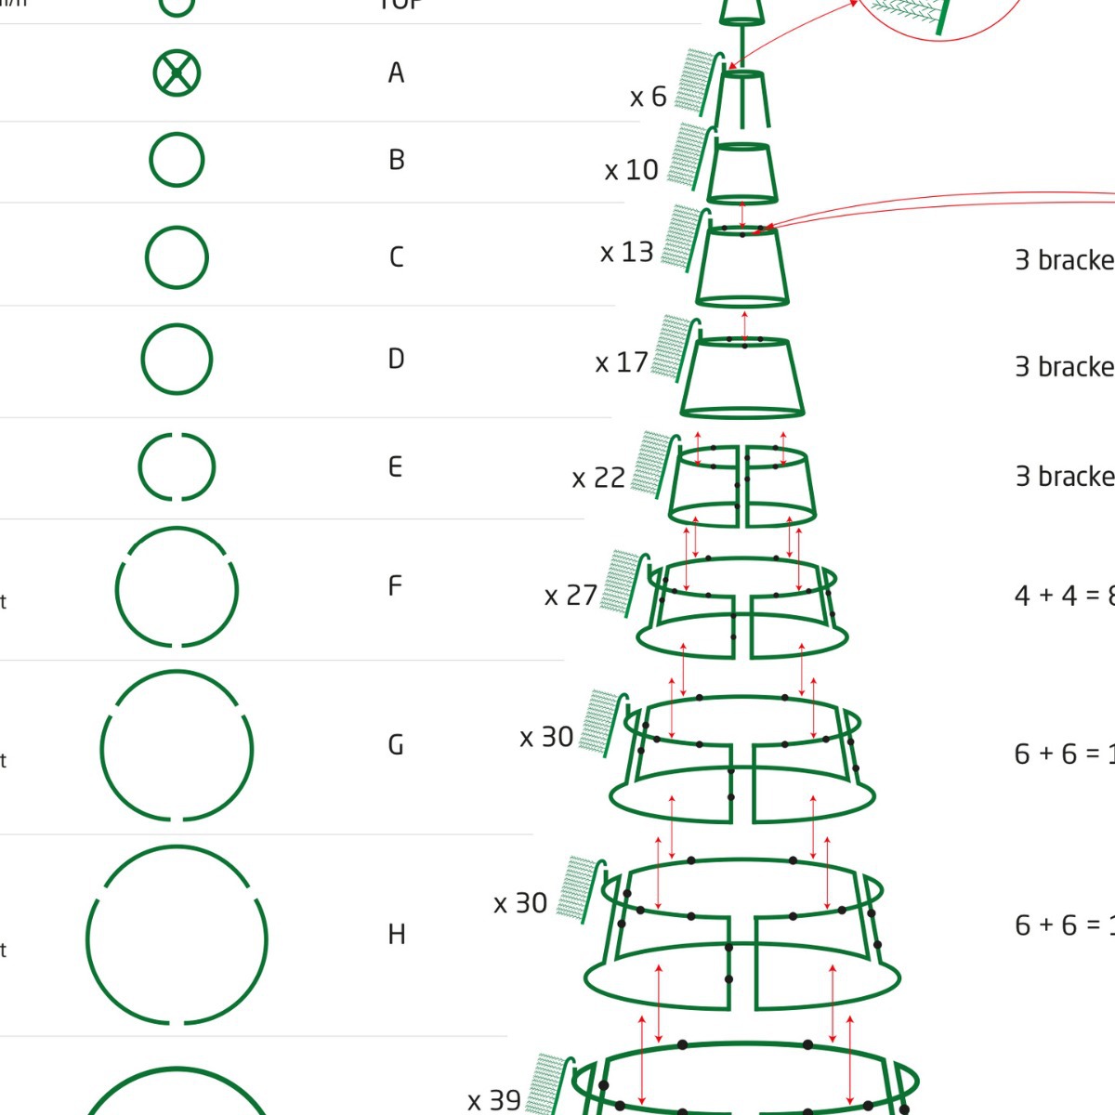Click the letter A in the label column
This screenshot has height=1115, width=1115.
(396, 72)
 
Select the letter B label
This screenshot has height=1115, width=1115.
(396, 160)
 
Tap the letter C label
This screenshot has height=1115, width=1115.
(396, 256)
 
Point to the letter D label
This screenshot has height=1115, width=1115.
(396, 359)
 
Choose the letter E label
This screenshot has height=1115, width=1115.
(396, 466)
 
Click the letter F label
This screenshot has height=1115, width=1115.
(395, 586)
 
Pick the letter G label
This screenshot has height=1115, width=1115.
(396, 745)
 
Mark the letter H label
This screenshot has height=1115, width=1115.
(396, 934)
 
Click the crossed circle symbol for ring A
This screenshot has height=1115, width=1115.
(177, 72)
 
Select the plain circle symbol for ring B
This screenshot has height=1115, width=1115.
(177, 160)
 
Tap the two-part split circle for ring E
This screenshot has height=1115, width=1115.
(177, 466)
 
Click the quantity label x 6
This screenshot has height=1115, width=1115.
(648, 97)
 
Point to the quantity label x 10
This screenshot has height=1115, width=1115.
(631, 170)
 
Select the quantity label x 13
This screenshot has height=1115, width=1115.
(626, 252)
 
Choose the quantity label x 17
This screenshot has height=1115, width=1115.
(621, 362)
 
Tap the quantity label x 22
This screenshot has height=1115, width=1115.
(597, 478)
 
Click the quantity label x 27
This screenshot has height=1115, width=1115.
(571, 595)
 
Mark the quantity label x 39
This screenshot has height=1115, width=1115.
(493, 1100)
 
